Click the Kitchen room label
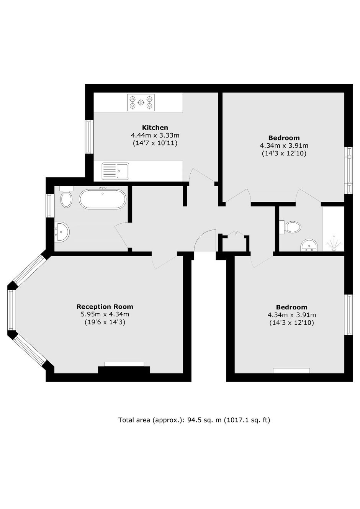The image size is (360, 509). click(155, 127)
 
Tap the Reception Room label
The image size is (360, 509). click(105, 306)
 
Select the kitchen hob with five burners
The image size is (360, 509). click(141, 103)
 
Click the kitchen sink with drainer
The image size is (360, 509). click(115, 171)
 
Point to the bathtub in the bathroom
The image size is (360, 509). click(103, 199)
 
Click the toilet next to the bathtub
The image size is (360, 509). click(66, 197)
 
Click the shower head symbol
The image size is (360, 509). click(334, 244)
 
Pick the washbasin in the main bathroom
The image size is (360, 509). click(62, 232)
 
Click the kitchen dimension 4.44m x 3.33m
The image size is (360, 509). click(155, 136)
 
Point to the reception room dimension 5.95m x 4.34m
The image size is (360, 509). click(105, 314)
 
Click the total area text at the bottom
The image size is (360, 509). click(194, 420)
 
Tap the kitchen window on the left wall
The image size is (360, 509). click(90, 137)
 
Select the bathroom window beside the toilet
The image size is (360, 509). click(50, 206)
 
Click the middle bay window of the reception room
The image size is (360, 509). click(11, 310)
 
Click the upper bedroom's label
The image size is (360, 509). click(284, 138)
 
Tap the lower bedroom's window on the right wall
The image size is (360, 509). click(349, 314)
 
